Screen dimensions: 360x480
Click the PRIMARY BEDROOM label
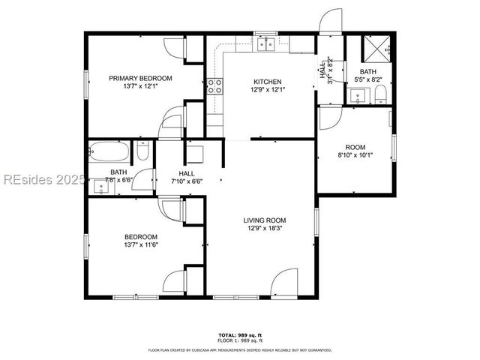coord(140,78)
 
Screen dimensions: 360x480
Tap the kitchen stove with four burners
coord(214,85)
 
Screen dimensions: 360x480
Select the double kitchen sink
coord(265,44)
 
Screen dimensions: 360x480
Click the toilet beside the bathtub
coord(142,153)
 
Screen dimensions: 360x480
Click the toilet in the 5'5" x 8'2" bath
coord(380,94)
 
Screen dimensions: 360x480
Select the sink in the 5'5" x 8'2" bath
coord(357,95)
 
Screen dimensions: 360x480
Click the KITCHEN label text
coord(267,82)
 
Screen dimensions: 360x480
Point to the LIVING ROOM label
coord(265,220)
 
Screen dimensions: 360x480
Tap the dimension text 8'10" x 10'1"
coord(355,156)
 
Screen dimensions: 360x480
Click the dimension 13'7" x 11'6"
coord(140,244)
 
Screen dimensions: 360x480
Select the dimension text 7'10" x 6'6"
coord(187,181)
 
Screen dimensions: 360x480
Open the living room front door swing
coord(285,283)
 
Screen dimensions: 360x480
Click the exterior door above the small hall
coord(329,23)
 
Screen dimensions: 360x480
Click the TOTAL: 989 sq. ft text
coord(240,334)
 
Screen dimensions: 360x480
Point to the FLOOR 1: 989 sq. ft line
coord(240,340)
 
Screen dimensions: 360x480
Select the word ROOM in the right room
coord(355,147)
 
